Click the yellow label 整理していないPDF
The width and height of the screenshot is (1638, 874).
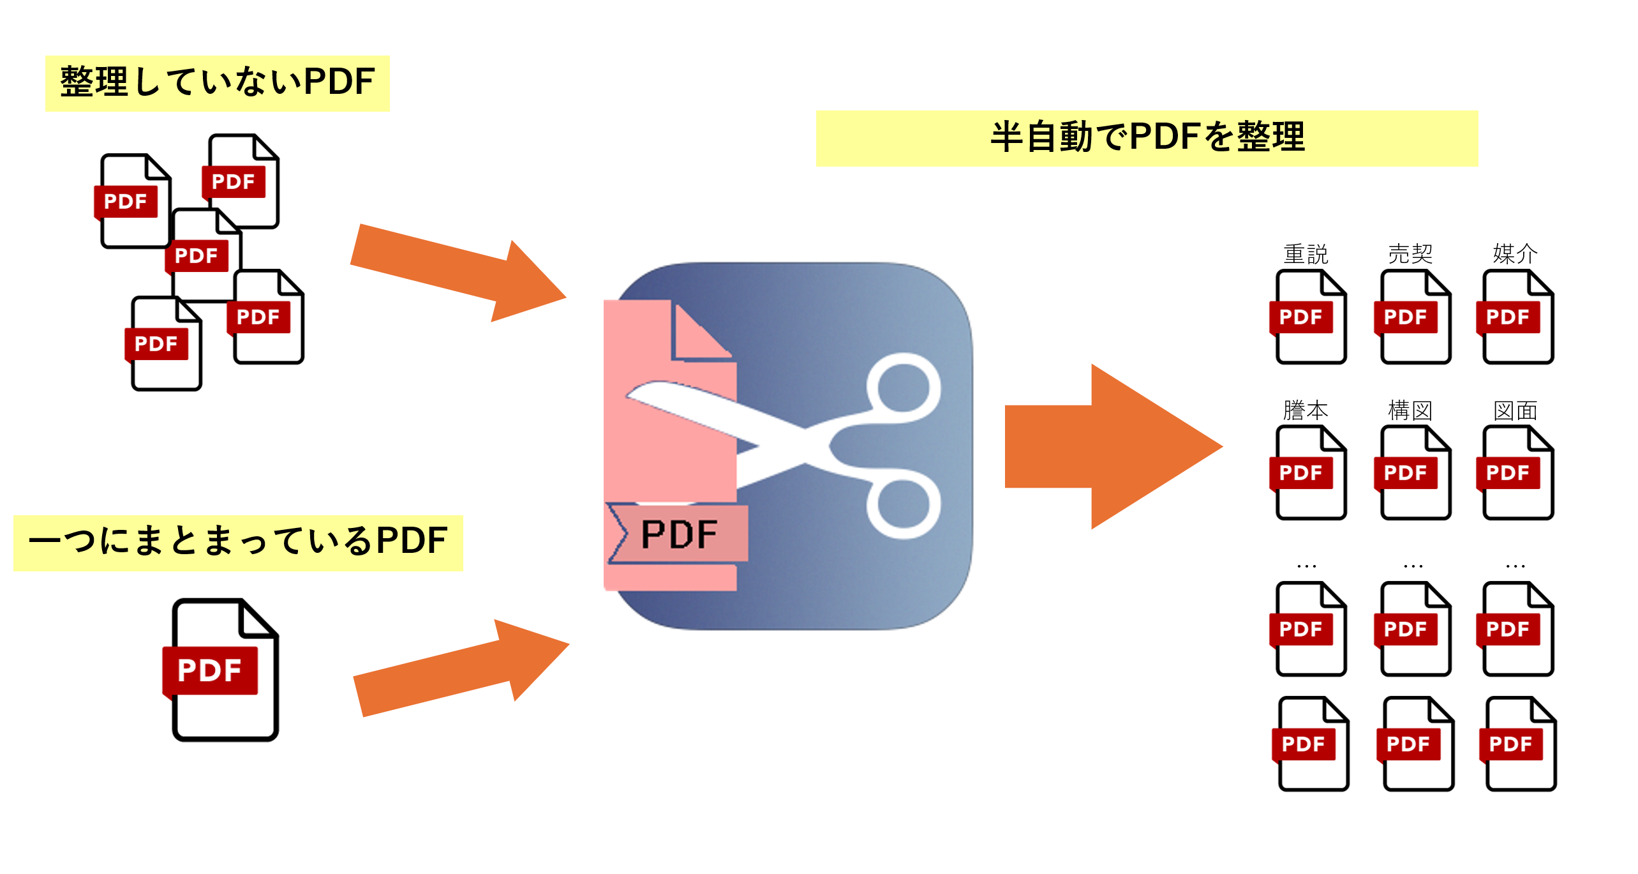(x=218, y=83)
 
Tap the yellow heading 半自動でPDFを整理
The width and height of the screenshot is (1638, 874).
(x=1147, y=138)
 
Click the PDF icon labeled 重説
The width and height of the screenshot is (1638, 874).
(x=1309, y=317)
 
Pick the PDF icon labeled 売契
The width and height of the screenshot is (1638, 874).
(x=1414, y=317)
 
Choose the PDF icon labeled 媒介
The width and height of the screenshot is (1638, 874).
(x=1517, y=317)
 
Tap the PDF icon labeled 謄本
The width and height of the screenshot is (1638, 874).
(x=1309, y=473)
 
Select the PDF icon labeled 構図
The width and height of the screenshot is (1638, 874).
(x=1414, y=473)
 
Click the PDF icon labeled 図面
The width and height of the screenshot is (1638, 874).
(x=1517, y=473)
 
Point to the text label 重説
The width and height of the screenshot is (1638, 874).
(x=1306, y=254)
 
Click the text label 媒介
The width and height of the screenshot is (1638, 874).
(x=1515, y=254)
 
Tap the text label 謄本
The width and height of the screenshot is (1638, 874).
(x=1306, y=410)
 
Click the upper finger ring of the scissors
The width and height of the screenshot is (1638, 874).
(x=904, y=388)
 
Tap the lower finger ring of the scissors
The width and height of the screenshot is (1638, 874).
(x=904, y=504)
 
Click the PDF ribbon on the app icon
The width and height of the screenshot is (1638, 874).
(x=678, y=534)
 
